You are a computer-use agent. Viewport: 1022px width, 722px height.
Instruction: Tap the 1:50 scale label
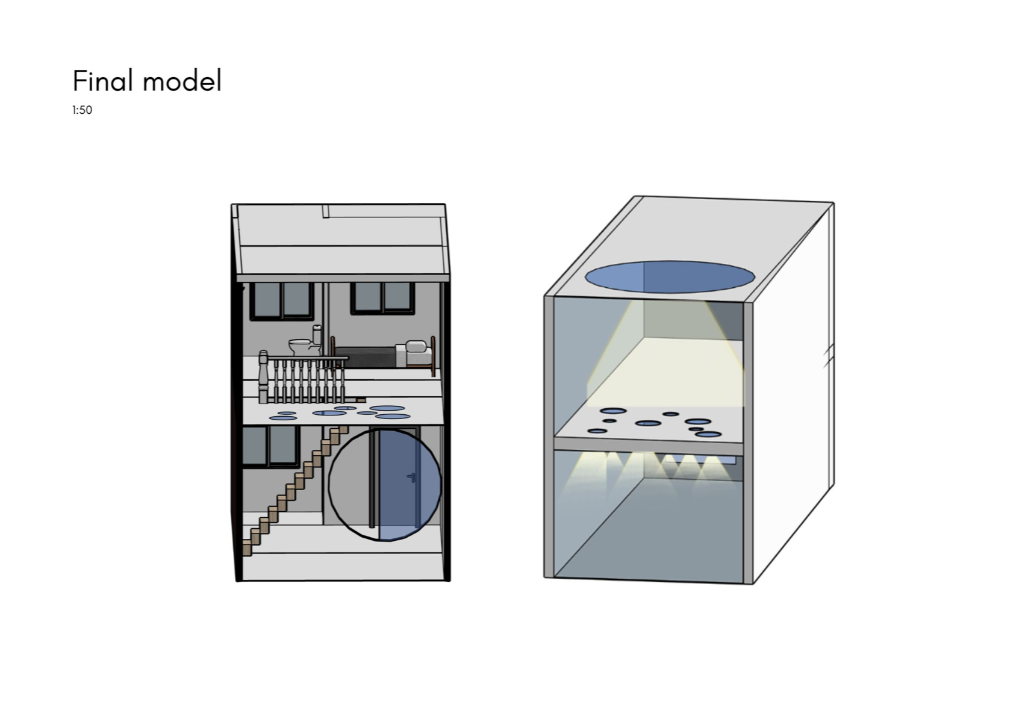pos(82,110)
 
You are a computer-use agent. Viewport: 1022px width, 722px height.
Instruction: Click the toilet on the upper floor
pos(301,347)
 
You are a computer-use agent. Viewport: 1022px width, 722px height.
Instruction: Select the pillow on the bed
pos(415,347)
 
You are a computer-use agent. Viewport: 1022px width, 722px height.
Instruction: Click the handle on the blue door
pos(412,478)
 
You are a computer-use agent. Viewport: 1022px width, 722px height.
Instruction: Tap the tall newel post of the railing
pos(263,377)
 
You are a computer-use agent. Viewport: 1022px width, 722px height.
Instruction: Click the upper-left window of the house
pos(282,300)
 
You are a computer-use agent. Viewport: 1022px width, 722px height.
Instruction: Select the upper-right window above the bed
pos(383,297)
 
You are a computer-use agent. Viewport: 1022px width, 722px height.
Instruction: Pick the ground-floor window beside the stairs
pos(271,446)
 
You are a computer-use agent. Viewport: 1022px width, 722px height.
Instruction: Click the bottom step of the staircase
pos(247,549)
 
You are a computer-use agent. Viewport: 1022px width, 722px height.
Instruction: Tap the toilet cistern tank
pos(317,334)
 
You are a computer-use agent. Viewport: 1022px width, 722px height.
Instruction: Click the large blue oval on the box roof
pos(670,278)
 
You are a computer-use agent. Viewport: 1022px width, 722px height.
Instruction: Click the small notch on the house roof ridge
pos(325,211)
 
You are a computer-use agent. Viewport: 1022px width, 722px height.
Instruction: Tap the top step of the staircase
pos(342,430)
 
